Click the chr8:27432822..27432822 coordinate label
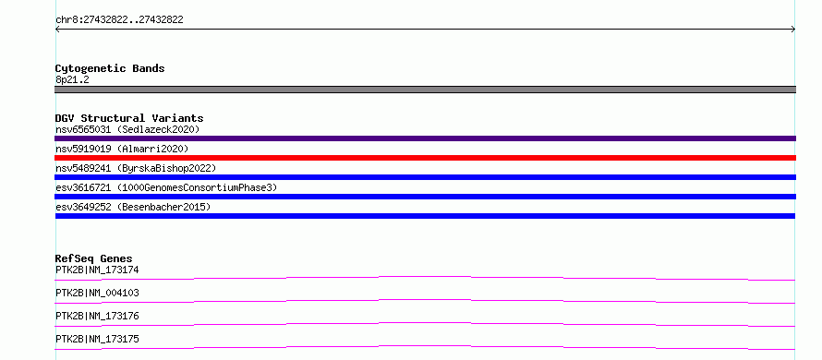119,20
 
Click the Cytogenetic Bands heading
110,68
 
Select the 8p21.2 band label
72,79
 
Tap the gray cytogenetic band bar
425,90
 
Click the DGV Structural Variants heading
129,118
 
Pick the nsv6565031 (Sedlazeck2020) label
127,129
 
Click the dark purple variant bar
425,138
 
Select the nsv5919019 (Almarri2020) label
122,149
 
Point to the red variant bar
425,158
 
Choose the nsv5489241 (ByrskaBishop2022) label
136,168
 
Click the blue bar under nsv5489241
425,177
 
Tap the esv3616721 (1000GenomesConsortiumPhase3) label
166,187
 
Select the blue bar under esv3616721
425,197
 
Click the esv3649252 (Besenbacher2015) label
133,207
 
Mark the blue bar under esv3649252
425,216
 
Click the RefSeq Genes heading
94,258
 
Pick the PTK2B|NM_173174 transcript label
97,270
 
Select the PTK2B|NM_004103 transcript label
97,293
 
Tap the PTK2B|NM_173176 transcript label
97,316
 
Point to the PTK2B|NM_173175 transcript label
97,339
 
